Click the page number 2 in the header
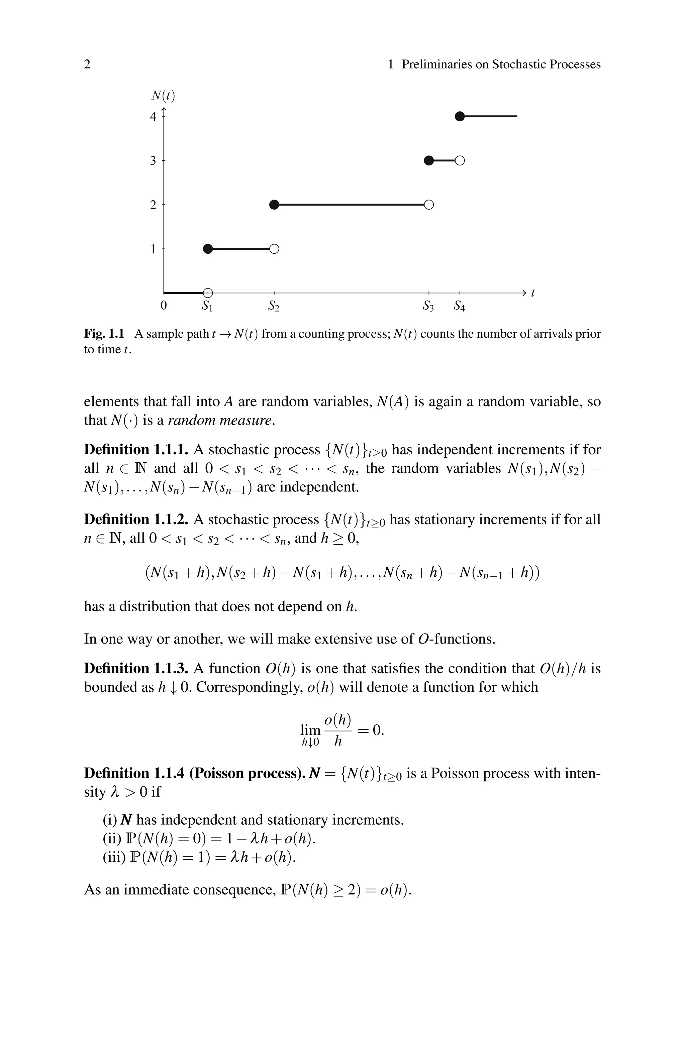(x=87, y=65)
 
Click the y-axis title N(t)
(x=163, y=95)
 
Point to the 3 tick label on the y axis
(x=153, y=161)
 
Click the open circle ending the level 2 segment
(x=429, y=205)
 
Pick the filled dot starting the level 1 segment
(x=208, y=249)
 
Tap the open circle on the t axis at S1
(x=208, y=293)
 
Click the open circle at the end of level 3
(x=460, y=161)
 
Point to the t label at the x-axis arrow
(x=532, y=293)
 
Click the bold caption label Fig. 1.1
(x=104, y=334)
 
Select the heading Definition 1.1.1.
(x=136, y=450)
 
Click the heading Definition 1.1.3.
(x=136, y=668)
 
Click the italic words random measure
(x=221, y=420)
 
